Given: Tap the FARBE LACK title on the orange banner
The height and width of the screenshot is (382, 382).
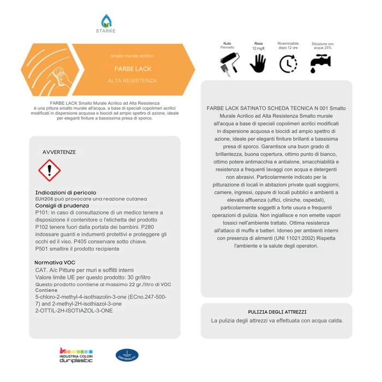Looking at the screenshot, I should pyautogui.click(x=133, y=69).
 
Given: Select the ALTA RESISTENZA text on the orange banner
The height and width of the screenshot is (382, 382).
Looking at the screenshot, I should pyautogui.click(x=132, y=81).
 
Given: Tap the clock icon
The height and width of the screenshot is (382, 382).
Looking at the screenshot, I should pyautogui.click(x=288, y=64).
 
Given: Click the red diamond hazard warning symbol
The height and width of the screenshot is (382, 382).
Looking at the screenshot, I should pyautogui.click(x=49, y=171).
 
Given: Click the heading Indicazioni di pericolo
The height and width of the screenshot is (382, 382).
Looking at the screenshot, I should pyautogui.click(x=65, y=193).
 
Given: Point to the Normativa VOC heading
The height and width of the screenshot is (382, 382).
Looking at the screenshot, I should pyautogui.click(x=55, y=262).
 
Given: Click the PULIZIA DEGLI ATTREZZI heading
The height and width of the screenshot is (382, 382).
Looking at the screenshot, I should pyautogui.click(x=277, y=312).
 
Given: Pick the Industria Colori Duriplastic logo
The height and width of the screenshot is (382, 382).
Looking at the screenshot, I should pyautogui.click(x=76, y=355).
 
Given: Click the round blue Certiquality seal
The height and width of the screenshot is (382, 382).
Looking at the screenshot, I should pyautogui.click(x=127, y=355).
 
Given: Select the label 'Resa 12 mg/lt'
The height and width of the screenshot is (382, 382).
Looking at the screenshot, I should pyautogui.click(x=258, y=46).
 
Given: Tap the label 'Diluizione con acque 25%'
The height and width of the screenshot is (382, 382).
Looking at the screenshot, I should pyautogui.click(x=323, y=46).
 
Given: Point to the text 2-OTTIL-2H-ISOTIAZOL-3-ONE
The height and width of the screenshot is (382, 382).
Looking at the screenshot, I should pyautogui.click(x=74, y=311).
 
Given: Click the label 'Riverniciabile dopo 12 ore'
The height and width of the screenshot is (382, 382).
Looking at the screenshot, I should pyautogui.click(x=288, y=45).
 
